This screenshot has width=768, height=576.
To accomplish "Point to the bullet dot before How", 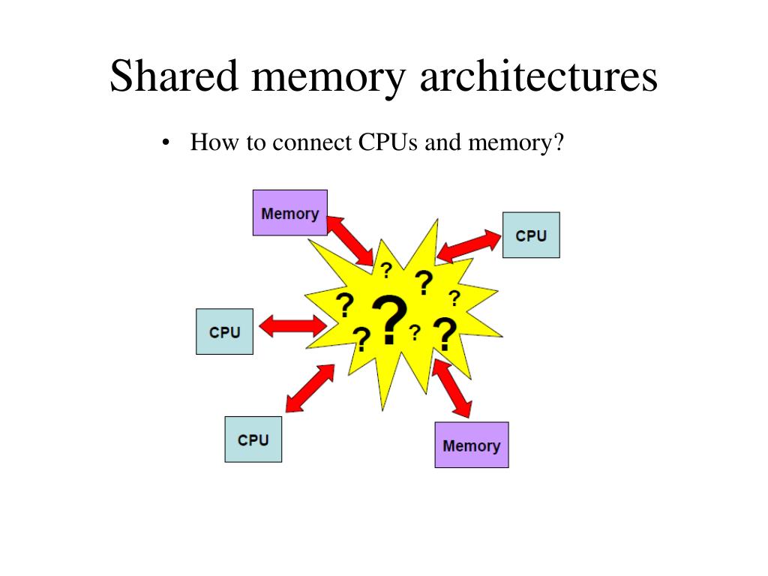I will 166,143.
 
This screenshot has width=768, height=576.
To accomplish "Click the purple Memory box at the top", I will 290,213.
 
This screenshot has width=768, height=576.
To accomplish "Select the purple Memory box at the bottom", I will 471,445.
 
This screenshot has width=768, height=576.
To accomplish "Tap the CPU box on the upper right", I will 531,235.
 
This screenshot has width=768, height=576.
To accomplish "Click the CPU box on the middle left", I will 224,331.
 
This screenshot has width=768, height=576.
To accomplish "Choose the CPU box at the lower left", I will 253,439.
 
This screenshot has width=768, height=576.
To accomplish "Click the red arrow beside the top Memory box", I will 350,240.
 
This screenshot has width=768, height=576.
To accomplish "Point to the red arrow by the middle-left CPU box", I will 290,325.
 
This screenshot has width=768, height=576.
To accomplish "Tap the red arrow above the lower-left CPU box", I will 309,388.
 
